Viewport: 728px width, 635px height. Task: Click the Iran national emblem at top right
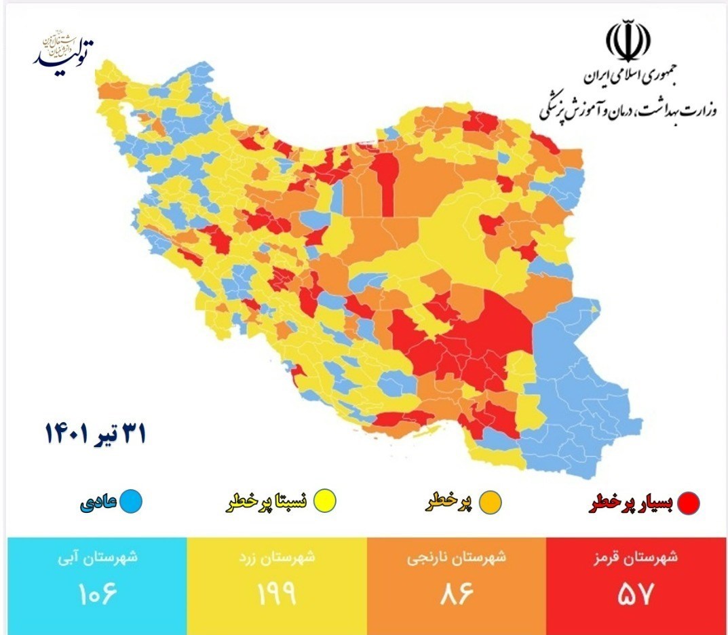(x=628, y=41)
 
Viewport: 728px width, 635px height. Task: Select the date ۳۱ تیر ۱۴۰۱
(x=95, y=433)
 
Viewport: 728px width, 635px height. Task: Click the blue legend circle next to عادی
(x=131, y=502)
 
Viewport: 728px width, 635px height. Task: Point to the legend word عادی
(x=99, y=503)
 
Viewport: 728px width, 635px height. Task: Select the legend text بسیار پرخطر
(x=631, y=503)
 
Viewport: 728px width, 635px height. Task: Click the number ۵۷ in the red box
(x=636, y=594)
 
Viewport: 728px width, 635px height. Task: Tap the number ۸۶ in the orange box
(x=456, y=594)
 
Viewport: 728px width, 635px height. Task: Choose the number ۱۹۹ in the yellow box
(x=277, y=594)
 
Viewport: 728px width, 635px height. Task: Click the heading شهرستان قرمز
(x=636, y=558)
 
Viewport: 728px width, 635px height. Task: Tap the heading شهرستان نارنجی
(x=456, y=558)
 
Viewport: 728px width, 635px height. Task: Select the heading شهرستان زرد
(x=277, y=558)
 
